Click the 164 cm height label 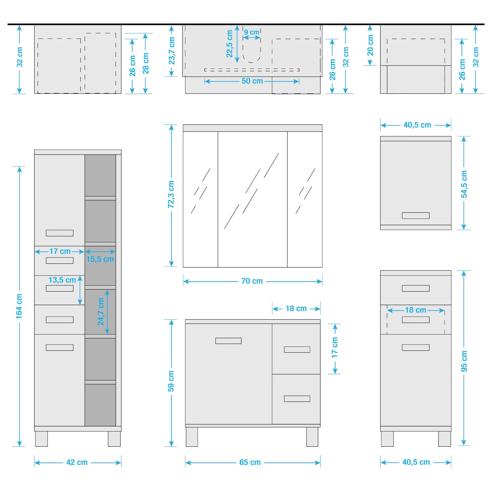coord(19,306)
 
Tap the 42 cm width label coord(77,462)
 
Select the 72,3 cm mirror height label coord(171,194)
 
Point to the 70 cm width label coord(252,281)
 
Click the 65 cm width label coord(250,462)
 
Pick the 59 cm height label coord(171,381)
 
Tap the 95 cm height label coord(464,361)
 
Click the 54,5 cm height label coord(464,184)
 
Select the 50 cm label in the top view coord(252,81)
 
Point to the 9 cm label coord(252,32)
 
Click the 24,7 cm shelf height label coord(101,311)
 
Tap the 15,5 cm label coord(100,259)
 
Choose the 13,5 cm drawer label coord(62,280)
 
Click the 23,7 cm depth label coord(172,51)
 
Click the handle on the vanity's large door coord(228,341)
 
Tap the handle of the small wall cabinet coord(416,215)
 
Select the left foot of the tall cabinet coord(41,439)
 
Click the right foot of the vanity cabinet coord(312,437)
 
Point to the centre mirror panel coord(253,199)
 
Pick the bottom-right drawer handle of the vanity coord(297,399)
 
